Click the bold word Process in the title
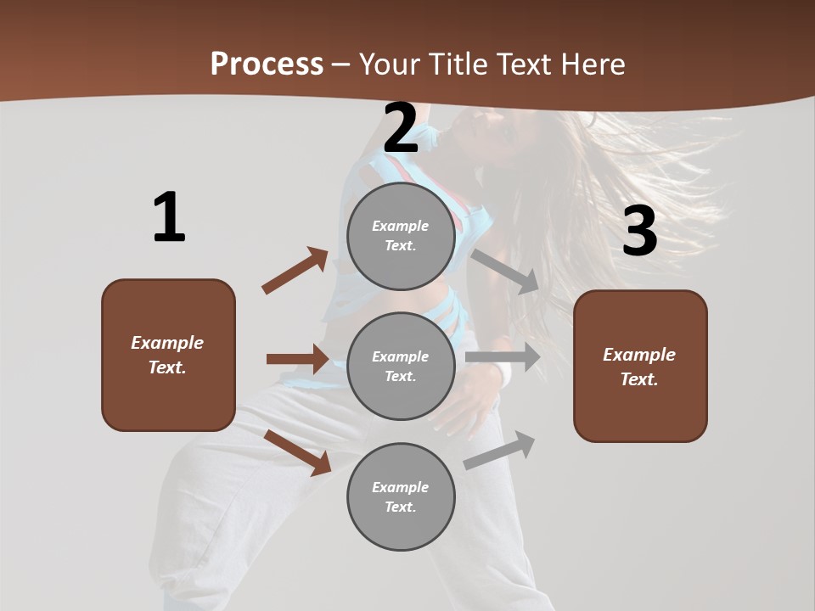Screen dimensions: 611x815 (x=267, y=64)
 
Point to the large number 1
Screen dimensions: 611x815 (x=169, y=218)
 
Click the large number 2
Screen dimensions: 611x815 (x=401, y=129)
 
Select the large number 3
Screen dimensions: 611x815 (x=639, y=232)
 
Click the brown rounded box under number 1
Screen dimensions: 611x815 (x=168, y=355)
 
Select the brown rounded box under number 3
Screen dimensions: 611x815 (x=640, y=367)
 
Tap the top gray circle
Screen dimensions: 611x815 (x=401, y=236)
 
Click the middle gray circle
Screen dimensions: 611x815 (x=401, y=367)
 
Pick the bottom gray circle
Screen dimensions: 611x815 (x=401, y=497)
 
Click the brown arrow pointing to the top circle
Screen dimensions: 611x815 (x=295, y=271)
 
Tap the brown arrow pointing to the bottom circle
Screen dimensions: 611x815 (x=298, y=452)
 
